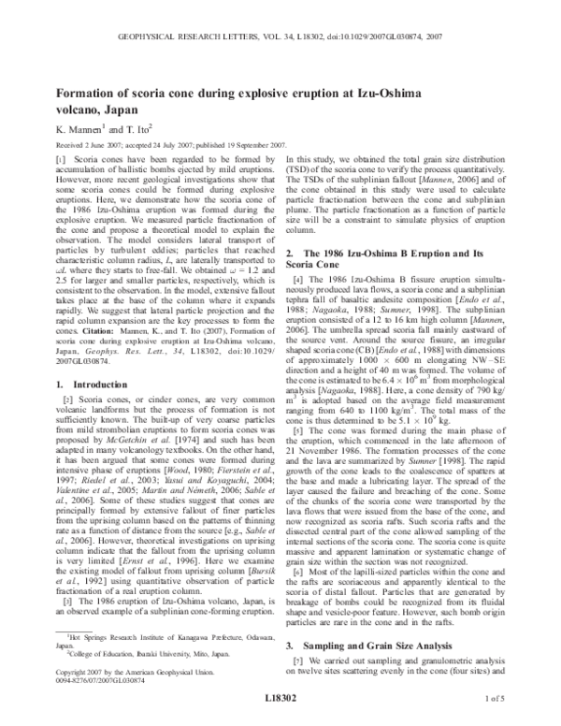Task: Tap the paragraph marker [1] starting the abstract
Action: [63, 161]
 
